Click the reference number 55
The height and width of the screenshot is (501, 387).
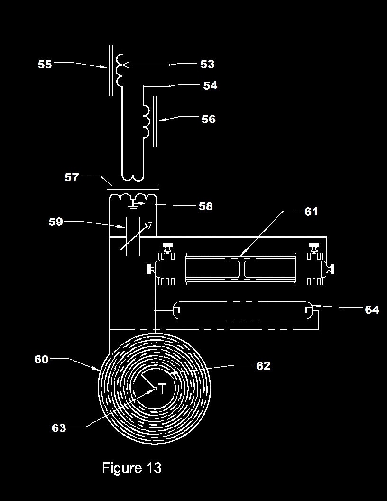coord(45,64)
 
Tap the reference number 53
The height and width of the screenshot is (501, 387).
coord(207,64)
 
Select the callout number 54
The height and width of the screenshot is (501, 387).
coord(211,85)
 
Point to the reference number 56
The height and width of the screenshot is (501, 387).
coord(209,119)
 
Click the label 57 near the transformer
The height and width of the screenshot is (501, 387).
coord(72,177)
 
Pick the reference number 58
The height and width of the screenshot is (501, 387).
coord(206,206)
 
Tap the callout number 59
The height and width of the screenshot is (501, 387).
coord(56,222)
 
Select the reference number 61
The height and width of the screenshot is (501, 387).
coord(311,212)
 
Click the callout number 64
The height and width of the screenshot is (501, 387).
coord(372,310)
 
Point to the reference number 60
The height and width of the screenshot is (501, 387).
coord(42,360)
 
